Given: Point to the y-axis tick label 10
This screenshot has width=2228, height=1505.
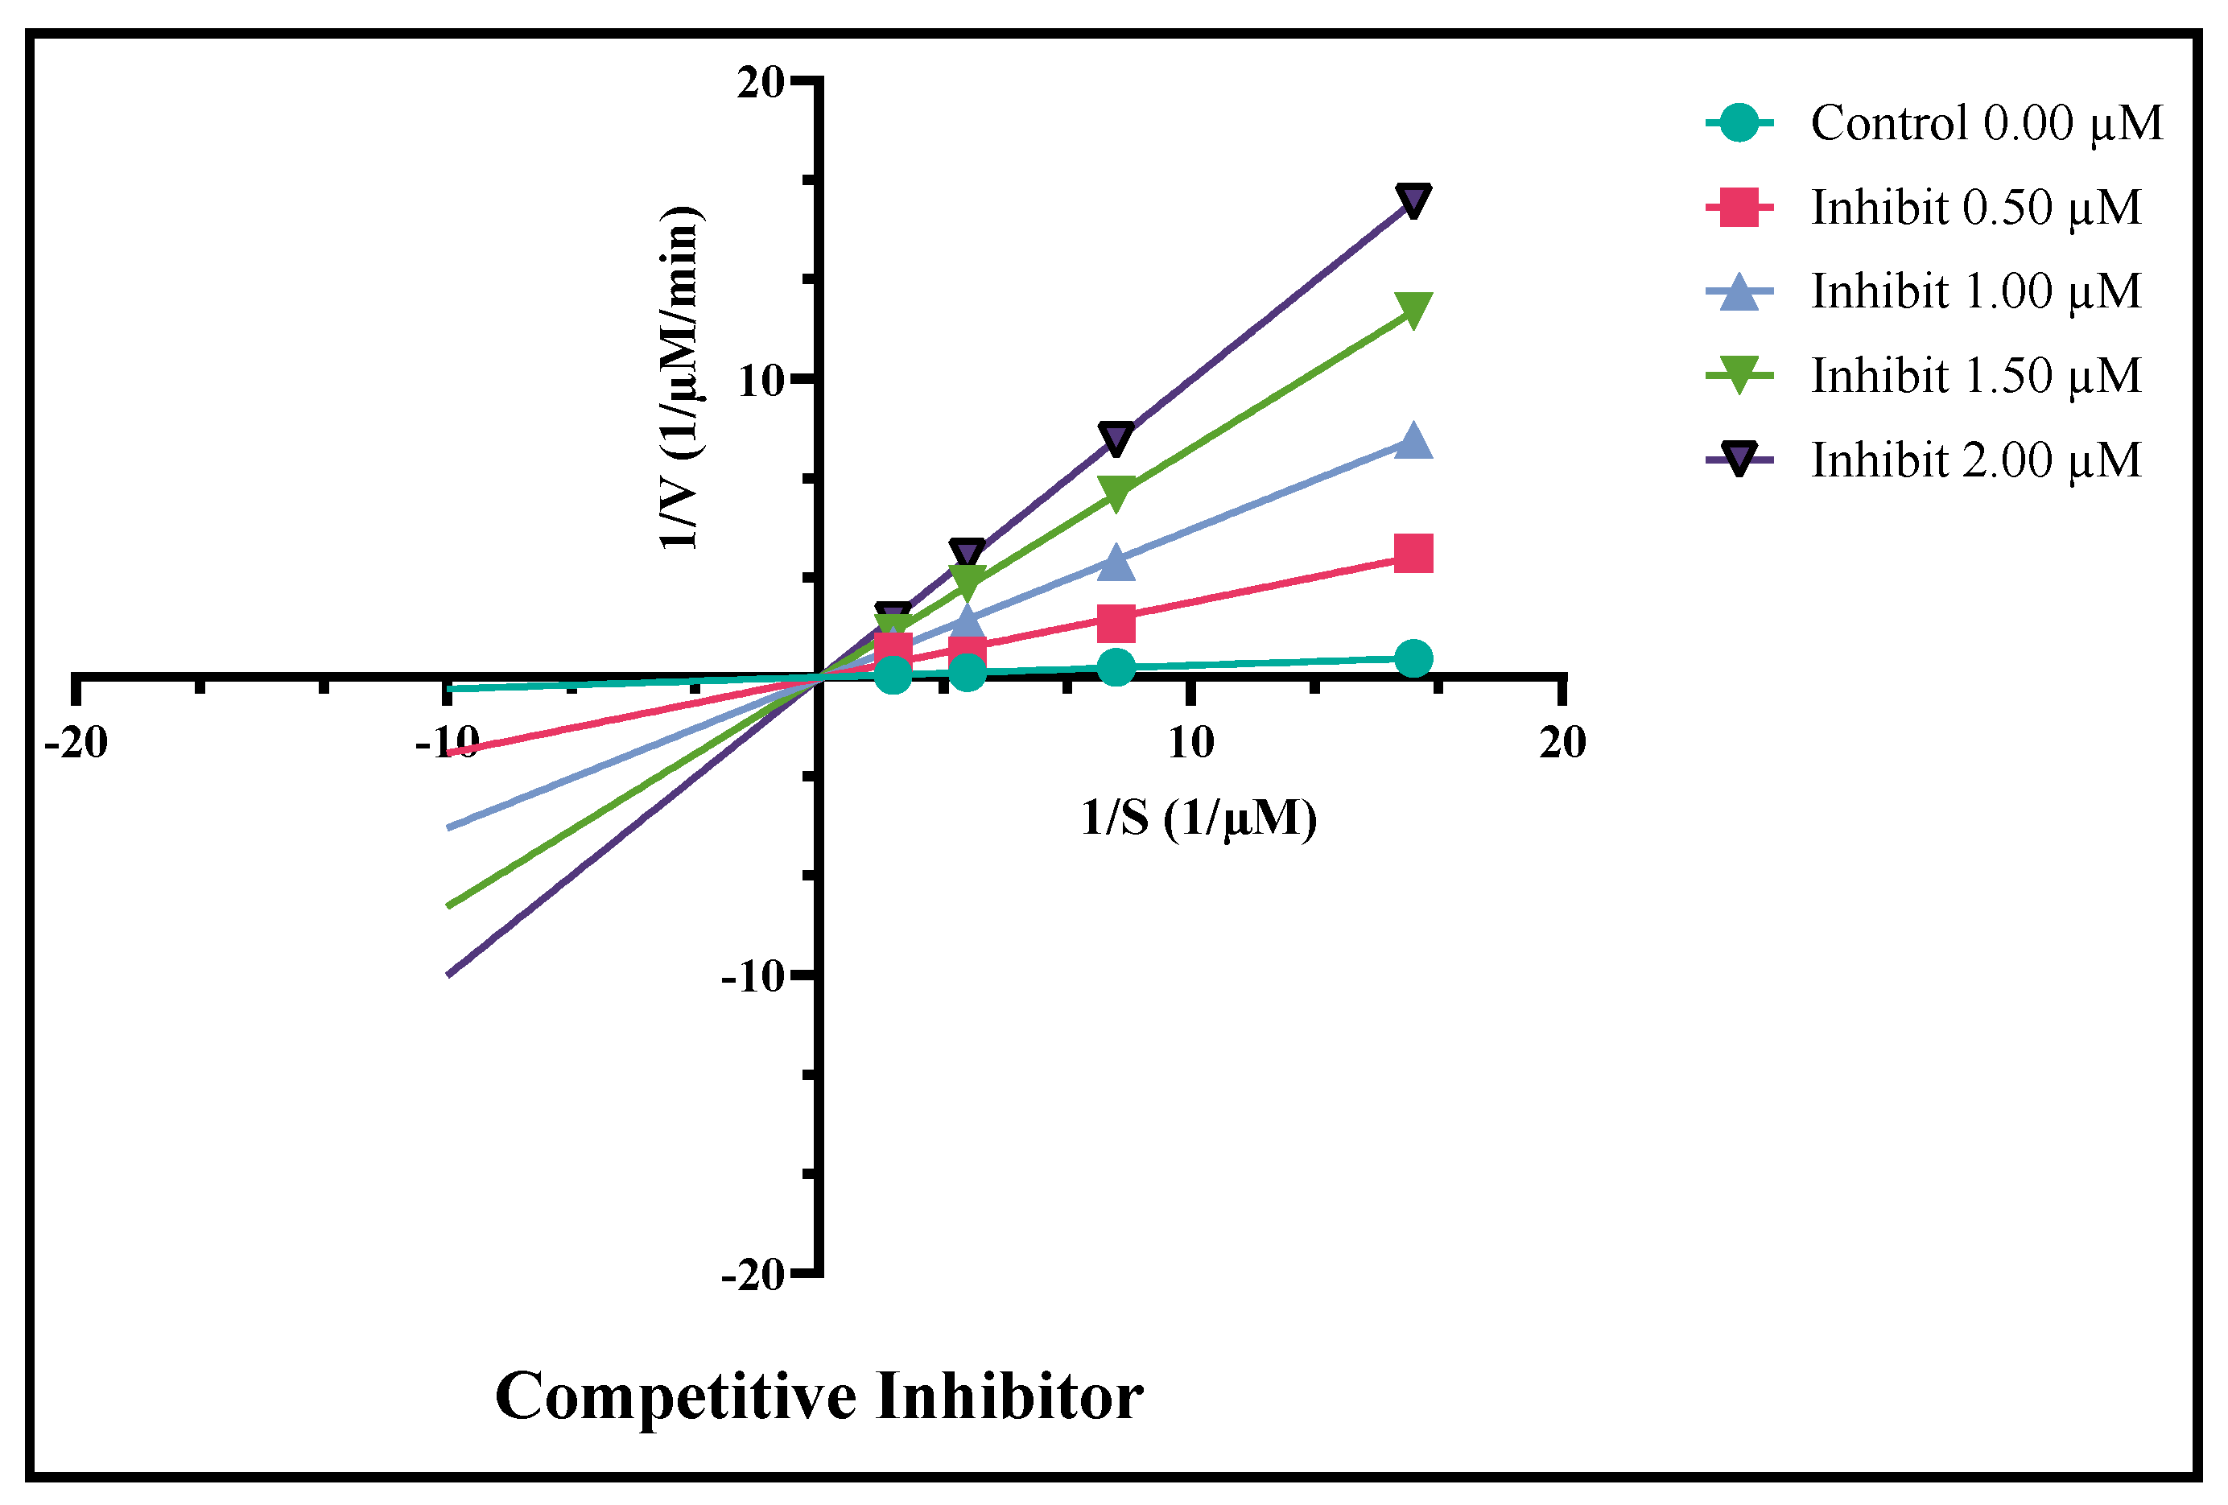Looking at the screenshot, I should pos(761,381).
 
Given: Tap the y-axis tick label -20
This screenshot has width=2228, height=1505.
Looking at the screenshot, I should pos(753,1276).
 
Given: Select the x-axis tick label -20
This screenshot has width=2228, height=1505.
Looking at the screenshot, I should pos(76,743).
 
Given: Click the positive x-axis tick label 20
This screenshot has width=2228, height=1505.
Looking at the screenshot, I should pos(1562,743).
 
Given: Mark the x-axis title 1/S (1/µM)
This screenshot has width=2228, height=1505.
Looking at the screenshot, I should pos(1199,818).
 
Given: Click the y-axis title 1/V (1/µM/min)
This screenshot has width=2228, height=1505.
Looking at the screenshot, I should pos(681,378).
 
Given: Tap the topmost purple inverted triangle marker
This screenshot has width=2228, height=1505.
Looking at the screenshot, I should pos(1413,200).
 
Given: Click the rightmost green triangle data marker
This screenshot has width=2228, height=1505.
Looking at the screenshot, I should pos(1413,309).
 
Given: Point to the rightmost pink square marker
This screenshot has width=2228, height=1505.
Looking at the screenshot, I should pos(1413,554).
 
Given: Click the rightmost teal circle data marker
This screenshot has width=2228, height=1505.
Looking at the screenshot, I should pos(1413,659).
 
